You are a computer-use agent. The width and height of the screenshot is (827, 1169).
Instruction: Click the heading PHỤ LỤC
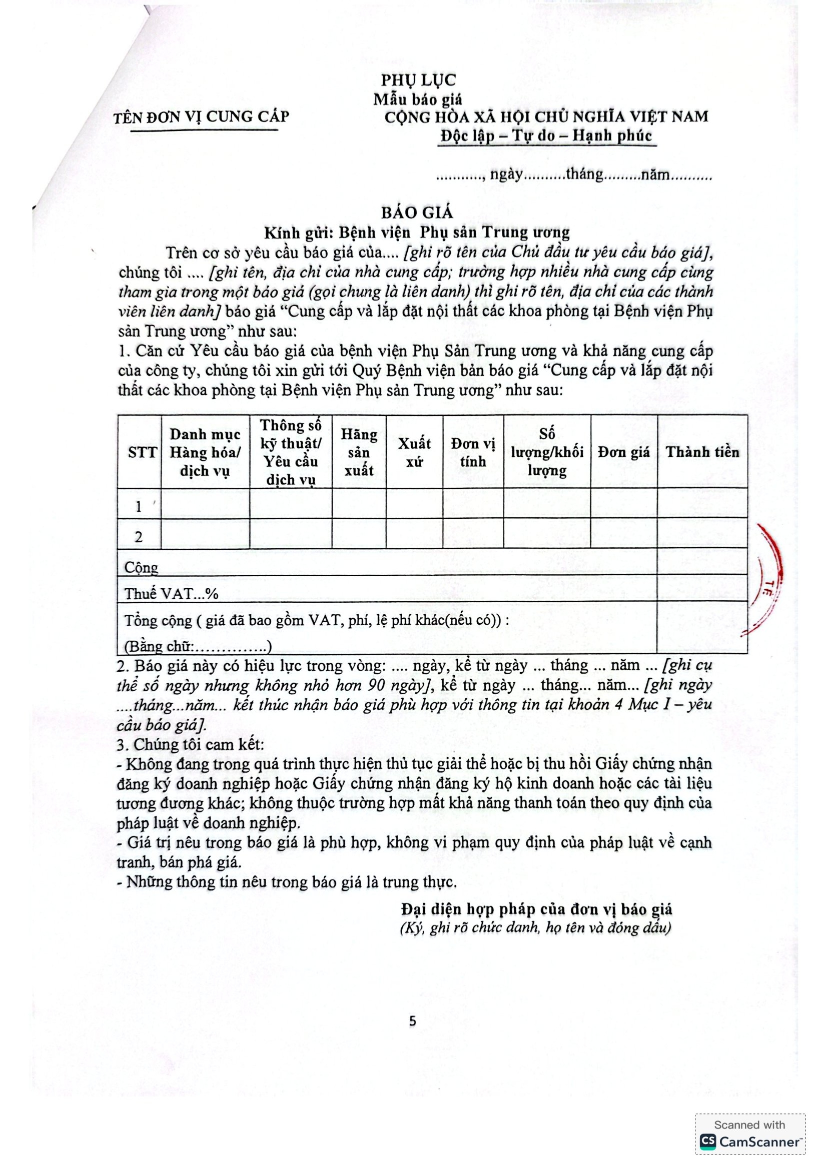click(x=418, y=80)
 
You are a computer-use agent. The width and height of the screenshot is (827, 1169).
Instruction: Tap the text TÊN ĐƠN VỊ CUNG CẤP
click(x=201, y=117)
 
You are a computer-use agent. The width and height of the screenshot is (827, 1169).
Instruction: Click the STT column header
click(x=142, y=452)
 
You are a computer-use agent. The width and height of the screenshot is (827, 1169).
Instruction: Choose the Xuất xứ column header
click(x=414, y=452)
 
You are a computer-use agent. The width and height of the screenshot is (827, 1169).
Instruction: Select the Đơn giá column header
click(x=624, y=452)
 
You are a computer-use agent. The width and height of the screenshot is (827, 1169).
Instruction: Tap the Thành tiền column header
click(x=702, y=452)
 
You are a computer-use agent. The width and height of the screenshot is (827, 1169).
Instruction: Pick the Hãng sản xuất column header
click(x=359, y=452)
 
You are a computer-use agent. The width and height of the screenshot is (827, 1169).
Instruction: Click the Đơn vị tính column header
click(x=473, y=452)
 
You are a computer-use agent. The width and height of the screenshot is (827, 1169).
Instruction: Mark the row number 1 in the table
click(x=139, y=507)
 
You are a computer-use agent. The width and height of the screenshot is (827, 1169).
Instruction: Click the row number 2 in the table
click(x=139, y=537)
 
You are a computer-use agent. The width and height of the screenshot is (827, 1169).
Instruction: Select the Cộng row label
click(x=141, y=567)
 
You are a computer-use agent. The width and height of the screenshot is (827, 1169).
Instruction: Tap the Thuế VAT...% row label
click(x=171, y=593)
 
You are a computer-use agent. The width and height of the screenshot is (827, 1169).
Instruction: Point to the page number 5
click(x=413, y=1021)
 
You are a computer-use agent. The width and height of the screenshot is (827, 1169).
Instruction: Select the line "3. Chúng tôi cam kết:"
click(x=190, y=745)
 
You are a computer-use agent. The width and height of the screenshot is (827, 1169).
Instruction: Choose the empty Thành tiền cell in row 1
click(x=702, y=504)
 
